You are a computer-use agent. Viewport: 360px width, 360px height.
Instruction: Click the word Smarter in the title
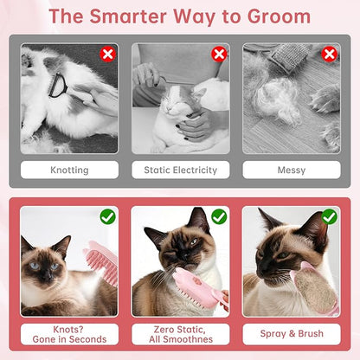pyautogui.click(x=128, y=16)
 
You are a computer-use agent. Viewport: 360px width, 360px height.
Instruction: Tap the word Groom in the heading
pyautogui.click(x=279, y=16)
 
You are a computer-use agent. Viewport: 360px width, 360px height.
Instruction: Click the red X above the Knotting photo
pyautogui.click(x=107, y=54)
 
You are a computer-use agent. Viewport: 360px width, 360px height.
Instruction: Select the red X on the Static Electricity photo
pyautogui.click(x=219, y=54)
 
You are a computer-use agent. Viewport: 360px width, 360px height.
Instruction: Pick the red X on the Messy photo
pyautogui.click(x=329, y=54)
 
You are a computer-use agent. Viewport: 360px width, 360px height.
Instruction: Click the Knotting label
pyautogui.click(x=69, y=170)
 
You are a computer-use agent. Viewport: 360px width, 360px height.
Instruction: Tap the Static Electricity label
pyautogui.click(x=181, y=170)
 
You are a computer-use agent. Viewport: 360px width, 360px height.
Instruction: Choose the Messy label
pyautogui.click(x=292, y=170)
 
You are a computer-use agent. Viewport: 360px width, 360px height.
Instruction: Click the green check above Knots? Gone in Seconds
pyautogui.click(x=108, y=217)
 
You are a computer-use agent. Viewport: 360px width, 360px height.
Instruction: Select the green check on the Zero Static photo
pyautogui.click(x=219, y=217)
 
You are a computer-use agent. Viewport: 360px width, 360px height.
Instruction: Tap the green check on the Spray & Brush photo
pyautogui.click(x=330, y=217)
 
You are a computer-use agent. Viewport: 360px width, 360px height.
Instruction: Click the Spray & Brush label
pyautogui.click(x=292, y=334)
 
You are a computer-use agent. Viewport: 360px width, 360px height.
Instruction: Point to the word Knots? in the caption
pyautogui.click(x=68, y=329)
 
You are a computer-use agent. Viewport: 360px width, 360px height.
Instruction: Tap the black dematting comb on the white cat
pyautogui.click(x=58, y=86)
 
